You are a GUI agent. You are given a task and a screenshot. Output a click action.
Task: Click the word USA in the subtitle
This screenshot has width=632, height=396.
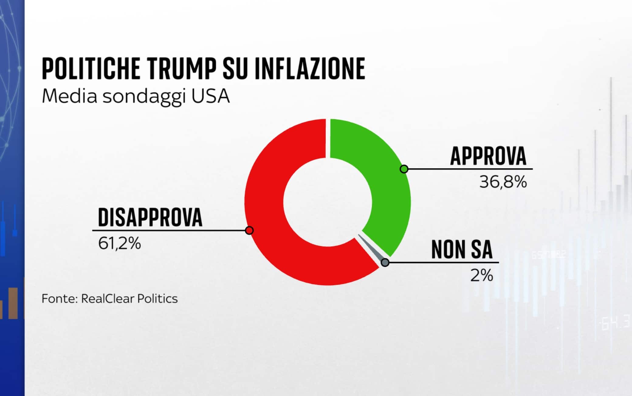pos(210,96)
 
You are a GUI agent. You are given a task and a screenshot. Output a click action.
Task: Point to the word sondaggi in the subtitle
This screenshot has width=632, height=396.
pos(144,97)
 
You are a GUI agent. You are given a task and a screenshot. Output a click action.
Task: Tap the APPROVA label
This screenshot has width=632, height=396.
pos(488,156)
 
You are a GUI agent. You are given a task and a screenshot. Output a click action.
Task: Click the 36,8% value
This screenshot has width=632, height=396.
pos(503,182)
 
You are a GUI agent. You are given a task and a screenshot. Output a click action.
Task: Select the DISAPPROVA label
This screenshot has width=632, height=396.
pos(150,217)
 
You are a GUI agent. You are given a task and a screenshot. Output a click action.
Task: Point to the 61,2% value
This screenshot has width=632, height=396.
pos(119,243)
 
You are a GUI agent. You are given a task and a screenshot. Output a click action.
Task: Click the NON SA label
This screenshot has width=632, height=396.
pos(462,250)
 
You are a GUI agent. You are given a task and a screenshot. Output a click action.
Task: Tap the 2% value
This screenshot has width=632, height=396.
pos(482,276)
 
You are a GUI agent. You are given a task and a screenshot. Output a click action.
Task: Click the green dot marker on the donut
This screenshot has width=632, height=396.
pos(404,169)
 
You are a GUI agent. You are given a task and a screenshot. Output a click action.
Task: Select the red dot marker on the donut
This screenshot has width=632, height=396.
pos(249,231)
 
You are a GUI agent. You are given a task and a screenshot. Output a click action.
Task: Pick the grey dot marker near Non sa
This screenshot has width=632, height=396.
pos(385,262)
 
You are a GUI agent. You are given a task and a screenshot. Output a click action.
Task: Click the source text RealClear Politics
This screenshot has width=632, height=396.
pos(129,299)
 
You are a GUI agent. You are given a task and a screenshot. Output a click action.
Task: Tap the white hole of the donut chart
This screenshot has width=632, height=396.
pos(328,202)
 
